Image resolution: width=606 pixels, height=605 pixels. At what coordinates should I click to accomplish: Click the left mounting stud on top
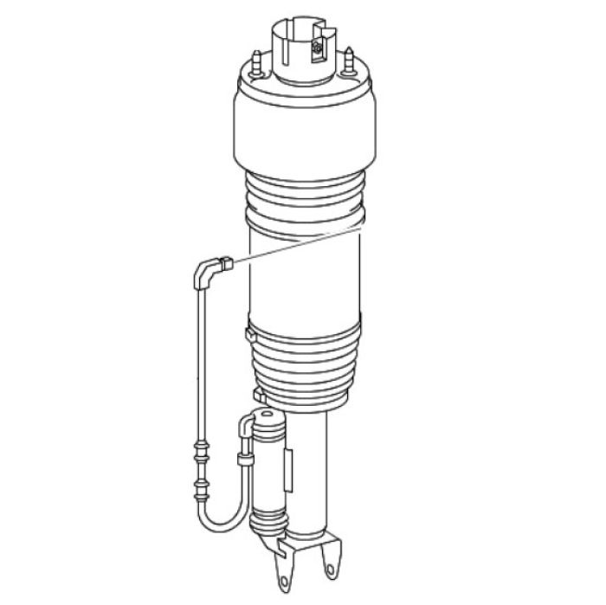[258, 61]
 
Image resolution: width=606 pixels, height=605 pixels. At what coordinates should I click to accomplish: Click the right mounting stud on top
[350, 61]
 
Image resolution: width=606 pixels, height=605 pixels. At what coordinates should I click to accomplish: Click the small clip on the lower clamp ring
[249, 332]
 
